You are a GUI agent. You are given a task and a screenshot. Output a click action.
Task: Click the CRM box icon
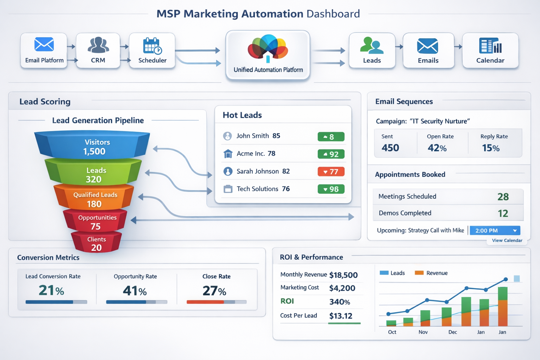(x=98, y=45)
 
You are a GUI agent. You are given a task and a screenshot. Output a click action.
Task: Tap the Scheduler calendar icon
(x=152, y=46)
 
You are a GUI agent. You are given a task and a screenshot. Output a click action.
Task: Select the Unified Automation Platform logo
(x=268, y=47)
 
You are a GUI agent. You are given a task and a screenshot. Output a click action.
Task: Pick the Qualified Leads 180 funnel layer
(x=94, y=199)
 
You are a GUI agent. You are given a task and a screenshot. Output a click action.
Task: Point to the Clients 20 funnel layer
(x=96, y=243)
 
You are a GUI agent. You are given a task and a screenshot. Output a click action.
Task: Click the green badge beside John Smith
(x=331, y=136)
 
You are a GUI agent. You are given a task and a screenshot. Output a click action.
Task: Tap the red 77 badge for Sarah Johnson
(x=331, y=172)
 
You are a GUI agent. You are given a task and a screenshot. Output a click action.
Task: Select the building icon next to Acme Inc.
(x=228, y=154)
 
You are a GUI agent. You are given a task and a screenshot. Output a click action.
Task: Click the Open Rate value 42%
(x=437, y=148)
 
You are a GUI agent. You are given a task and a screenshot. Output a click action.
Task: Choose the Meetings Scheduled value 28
(x=503, y=197)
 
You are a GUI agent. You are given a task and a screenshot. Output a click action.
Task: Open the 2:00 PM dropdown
(x=495, y=231)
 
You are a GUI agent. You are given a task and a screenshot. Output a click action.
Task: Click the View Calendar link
(x=507, y=240)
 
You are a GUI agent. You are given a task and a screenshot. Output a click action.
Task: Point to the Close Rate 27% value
(x=214, y=291)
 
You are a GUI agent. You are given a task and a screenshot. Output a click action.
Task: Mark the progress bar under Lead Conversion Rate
(x=56, y=302)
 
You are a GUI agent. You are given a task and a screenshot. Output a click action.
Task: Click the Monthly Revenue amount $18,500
(x=343, y=275)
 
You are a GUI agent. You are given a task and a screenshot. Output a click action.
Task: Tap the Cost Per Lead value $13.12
(x=341, y=316)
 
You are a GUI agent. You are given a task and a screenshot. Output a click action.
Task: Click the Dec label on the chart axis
(x=452, y=332)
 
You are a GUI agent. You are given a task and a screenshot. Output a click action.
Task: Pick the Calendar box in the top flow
(x=490, y=50)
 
